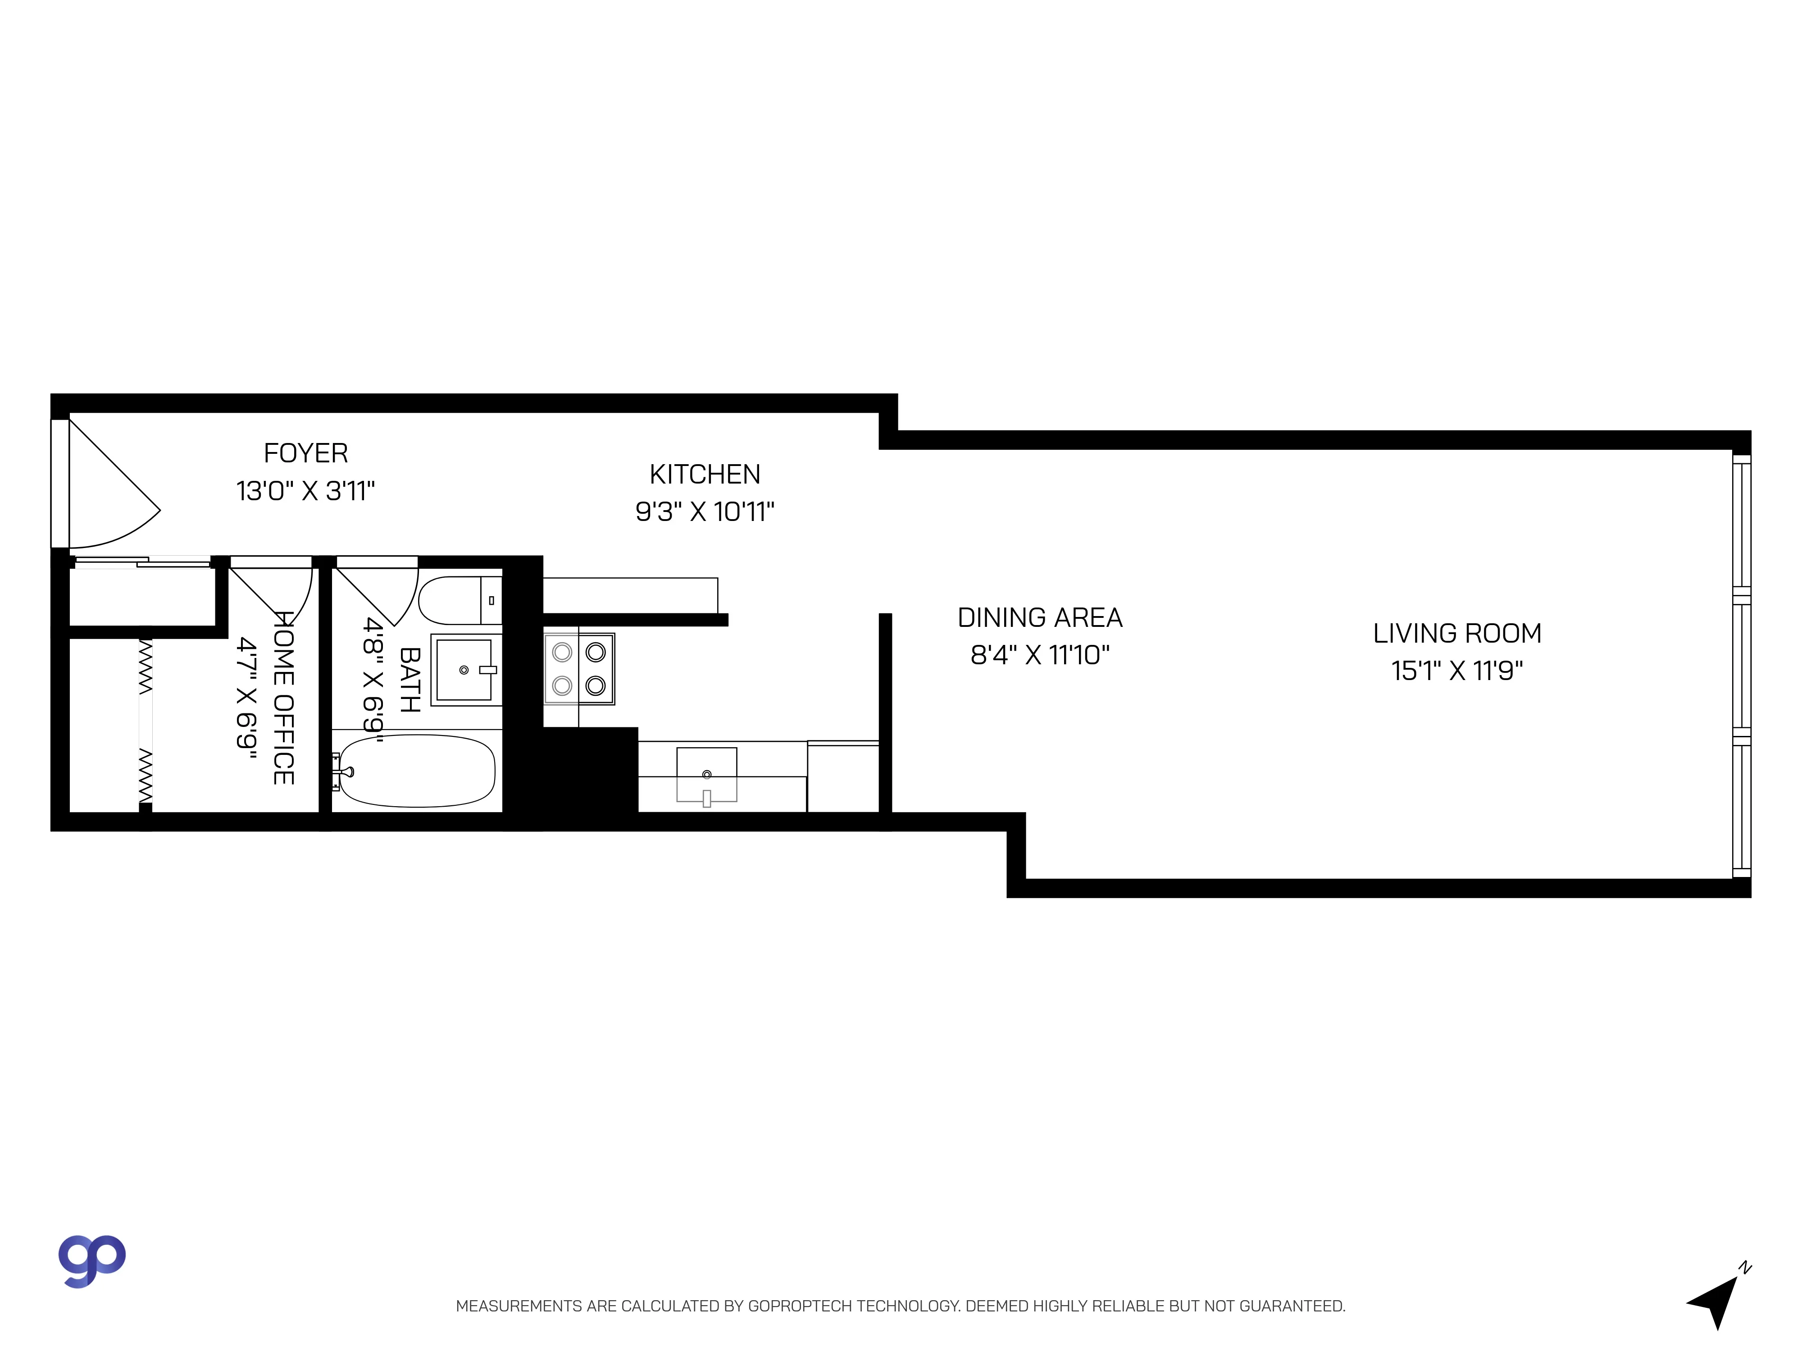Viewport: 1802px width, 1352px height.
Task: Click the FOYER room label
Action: pyautogui.click(x=305, y=453)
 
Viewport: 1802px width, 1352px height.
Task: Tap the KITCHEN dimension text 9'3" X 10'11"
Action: pyautogui.click(x=705, y=512)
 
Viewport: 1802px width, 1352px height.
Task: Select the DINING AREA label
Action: pyautogui.click(x=1039, y=618)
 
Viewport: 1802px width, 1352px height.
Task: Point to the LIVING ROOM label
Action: pyautogui.click(x=1456, y=633)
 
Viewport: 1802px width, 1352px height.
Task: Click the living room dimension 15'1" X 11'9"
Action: pyautogui.click(x=1456, y=671)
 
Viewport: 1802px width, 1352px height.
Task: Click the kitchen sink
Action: pyautogui.click(x=706, y=774)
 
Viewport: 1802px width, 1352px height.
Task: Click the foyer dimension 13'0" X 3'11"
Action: pyautogui.click(x=305, y=491)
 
